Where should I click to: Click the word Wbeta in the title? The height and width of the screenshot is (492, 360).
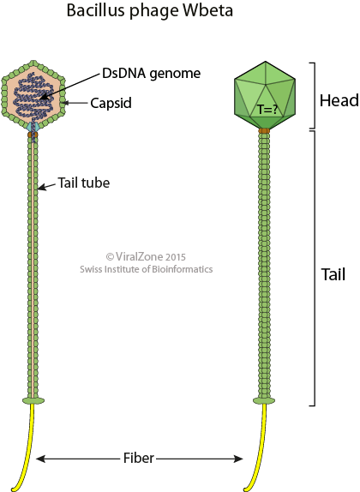coord(208,10)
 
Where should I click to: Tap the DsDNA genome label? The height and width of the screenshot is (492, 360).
coord(151,74)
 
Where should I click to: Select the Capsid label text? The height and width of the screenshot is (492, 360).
coord(111,103)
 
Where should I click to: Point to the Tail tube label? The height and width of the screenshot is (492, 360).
coord(84,183)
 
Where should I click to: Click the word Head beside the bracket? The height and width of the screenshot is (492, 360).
coord(339,101)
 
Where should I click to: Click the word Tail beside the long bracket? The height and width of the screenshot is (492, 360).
coord(333,274)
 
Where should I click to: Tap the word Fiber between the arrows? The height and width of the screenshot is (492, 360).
coord(138,458)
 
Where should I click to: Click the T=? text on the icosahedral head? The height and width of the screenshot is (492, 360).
coord(267,109)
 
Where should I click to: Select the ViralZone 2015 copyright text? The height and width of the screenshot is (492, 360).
coord(146,256)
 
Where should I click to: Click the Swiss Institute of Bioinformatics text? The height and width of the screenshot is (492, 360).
coord(146,269)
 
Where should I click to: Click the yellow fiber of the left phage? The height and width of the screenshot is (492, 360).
coord(26,448)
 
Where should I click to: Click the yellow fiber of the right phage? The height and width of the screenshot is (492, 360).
coord(258,448)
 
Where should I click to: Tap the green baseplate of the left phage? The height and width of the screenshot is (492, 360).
coord(33,400)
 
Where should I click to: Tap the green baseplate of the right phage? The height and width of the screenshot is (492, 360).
coord(264,400)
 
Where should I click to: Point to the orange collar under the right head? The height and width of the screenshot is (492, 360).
coord(264,130)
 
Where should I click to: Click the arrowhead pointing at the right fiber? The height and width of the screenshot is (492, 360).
coord(238,459)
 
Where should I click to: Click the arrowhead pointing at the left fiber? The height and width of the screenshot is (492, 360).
coord(41,459)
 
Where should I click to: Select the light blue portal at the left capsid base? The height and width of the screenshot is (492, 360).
coord(33,127)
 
